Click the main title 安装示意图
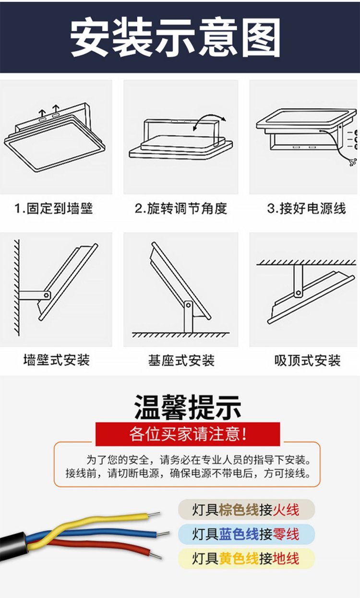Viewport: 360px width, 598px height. (176, 38)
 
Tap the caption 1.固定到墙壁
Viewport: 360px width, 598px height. (54, 208)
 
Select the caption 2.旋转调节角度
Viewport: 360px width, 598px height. (180, 208)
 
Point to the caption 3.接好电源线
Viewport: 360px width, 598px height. (306, 208)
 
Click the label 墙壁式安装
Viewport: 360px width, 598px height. (57, 360)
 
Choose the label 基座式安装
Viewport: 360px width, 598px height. (181, 360)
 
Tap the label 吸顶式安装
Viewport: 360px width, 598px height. (307, 360)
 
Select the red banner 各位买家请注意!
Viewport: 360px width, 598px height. (188, 434)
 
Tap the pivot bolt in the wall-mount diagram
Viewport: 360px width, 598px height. (46, 295)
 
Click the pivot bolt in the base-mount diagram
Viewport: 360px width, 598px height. (188, 305)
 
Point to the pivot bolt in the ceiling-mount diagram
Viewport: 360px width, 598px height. (299, 293)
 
